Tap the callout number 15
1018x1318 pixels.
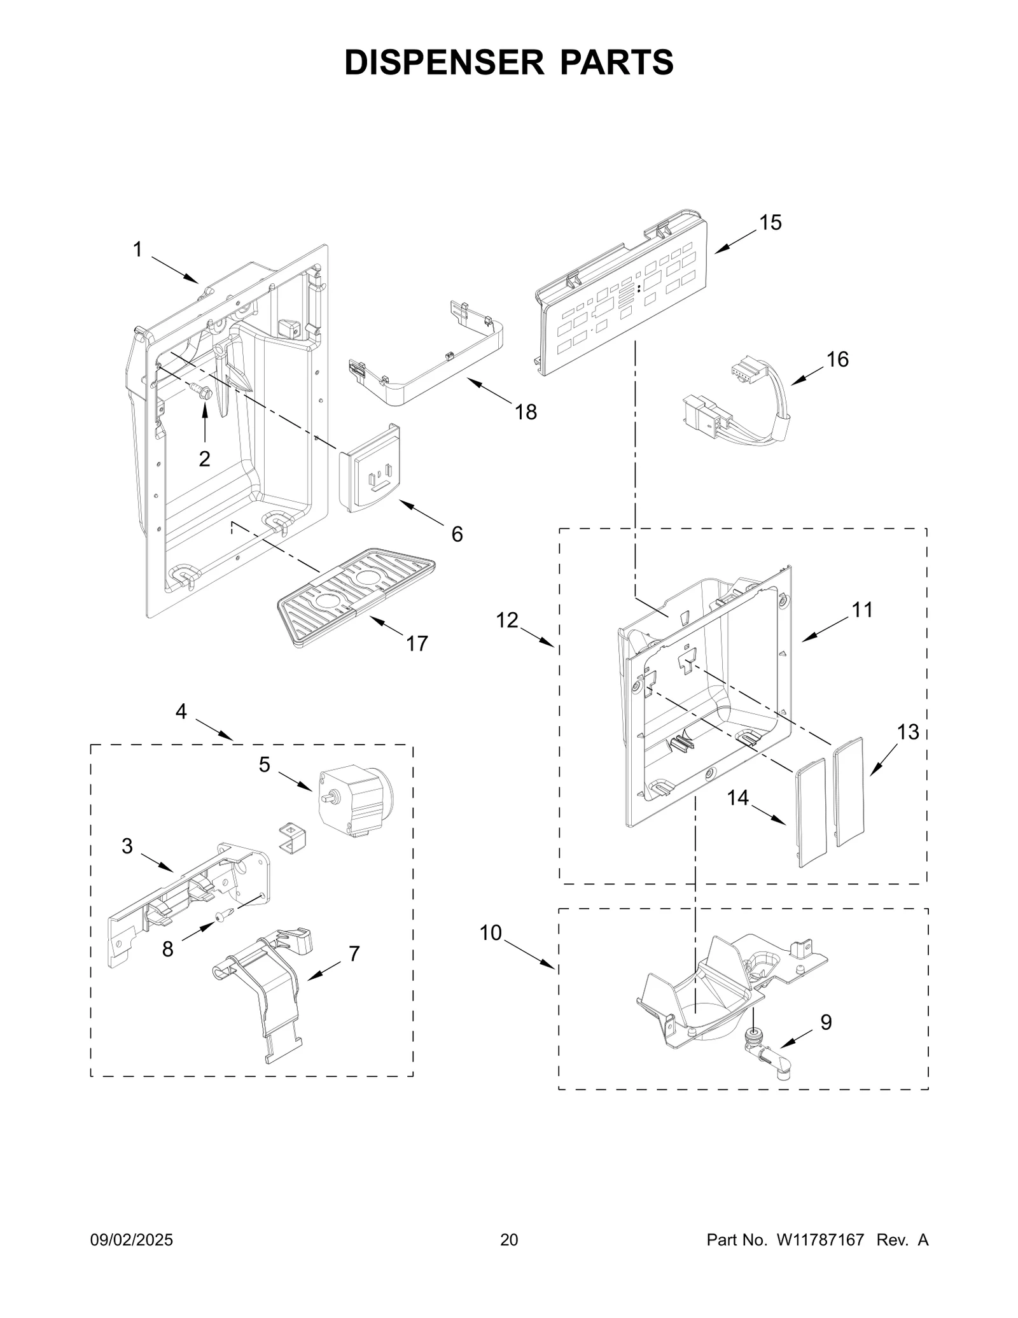tap(770, 223)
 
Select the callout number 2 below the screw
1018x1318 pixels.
tap(204, 458)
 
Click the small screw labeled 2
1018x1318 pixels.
tap(202, 391)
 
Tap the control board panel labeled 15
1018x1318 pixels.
tap(620, 296)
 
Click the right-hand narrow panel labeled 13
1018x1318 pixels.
tap(849, 792)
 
